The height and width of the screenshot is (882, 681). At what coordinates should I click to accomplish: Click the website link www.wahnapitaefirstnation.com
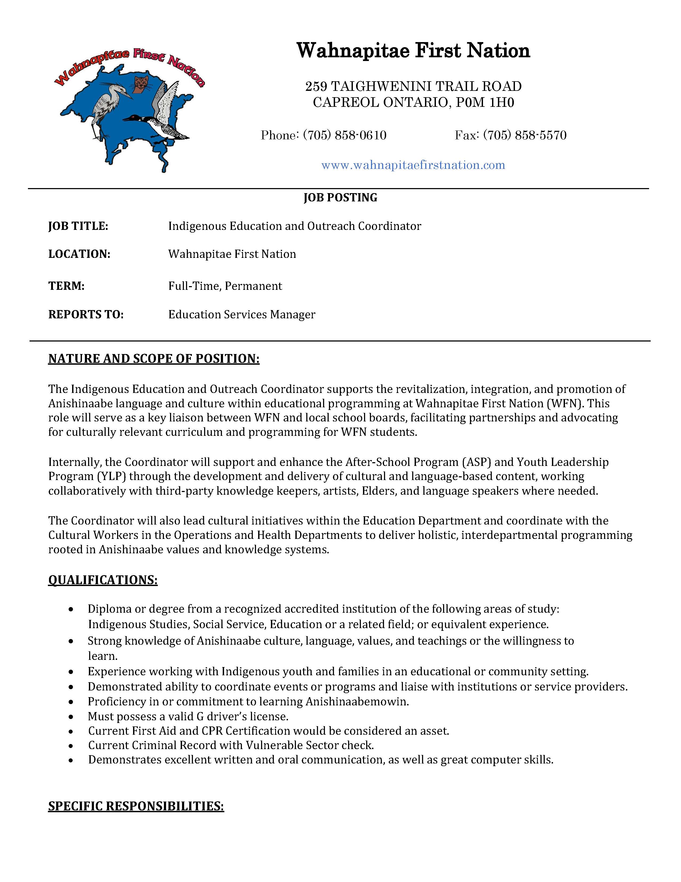pyautogui.click(x=413, y=165)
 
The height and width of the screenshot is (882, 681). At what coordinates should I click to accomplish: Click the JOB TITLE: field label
pyautogui.click(x=78, y=226)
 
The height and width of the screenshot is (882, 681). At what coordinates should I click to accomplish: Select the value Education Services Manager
pyautogui.click(x=242, y=315)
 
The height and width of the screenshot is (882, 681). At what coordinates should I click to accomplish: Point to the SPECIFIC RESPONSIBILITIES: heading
pyautogui.click(x=136, y=806)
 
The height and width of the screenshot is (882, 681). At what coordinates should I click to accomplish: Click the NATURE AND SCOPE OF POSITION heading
pyautogui.click(x=154, y=359)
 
